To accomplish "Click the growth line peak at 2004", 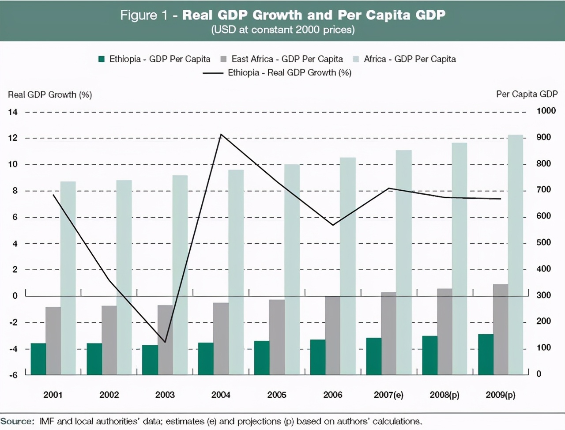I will [x=221, y=134].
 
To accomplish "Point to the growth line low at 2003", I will [x=165, y=342].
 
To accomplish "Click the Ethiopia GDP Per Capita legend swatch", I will [x=102, y=59].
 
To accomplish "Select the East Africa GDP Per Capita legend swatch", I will [x=223, y=59].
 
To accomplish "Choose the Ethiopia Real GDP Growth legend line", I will [x=213, y=73].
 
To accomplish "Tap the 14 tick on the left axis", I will [x=13, y=112].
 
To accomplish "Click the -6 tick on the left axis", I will [x=14, y=375].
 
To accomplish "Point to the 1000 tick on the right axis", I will [x=546, y=111].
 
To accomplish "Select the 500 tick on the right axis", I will [x=544, y=242].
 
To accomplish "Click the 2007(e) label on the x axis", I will [x=388, y=395].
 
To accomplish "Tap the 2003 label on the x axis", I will [x=165, y=395].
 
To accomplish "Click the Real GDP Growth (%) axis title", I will [x=50, y=94].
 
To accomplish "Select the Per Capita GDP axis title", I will [x=527, y=94].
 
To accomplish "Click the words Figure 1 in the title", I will [x=144, y=15].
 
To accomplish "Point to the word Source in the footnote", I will [x=17, y=421].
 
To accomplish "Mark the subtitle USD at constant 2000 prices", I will [x=283, y=30].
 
